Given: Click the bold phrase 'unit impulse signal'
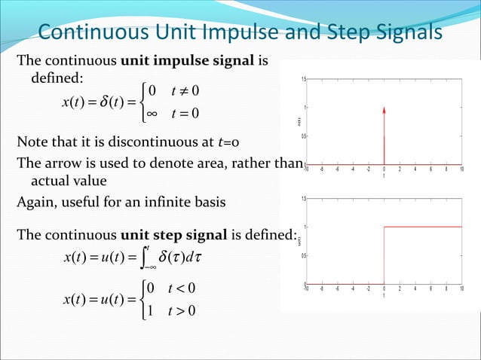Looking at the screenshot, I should pyautogui.click(x=188, y=62).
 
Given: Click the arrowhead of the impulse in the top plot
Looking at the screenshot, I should pyautogui.click(x=384, y=110).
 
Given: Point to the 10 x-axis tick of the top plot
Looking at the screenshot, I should pyautogui.click(x=461, y=169).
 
